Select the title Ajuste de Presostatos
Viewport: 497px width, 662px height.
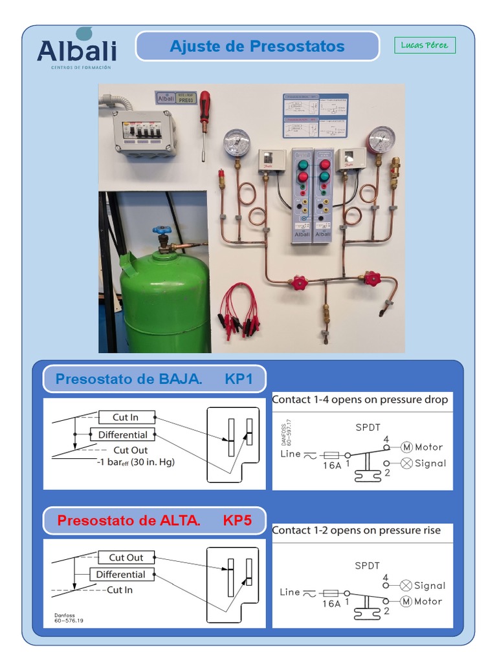257,47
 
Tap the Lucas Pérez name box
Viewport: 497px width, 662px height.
425,45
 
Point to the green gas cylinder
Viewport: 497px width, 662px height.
165,301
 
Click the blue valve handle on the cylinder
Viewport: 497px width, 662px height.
161,231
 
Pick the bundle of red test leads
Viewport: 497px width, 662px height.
239,310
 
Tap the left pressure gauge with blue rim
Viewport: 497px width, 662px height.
236,143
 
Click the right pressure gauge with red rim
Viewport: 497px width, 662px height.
382,140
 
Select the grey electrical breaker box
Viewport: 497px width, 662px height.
144,132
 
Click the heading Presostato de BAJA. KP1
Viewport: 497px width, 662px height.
154,379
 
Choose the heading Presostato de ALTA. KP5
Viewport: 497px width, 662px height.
154,520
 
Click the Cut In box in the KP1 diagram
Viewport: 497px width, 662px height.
126,417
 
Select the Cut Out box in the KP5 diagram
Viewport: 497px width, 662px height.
126,557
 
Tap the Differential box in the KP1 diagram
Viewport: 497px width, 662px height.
122,434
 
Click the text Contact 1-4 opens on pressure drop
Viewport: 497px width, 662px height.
360,400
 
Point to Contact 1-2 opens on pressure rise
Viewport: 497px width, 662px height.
356,530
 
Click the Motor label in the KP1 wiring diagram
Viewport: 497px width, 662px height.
428,447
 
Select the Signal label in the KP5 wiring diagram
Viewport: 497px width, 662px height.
430,586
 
